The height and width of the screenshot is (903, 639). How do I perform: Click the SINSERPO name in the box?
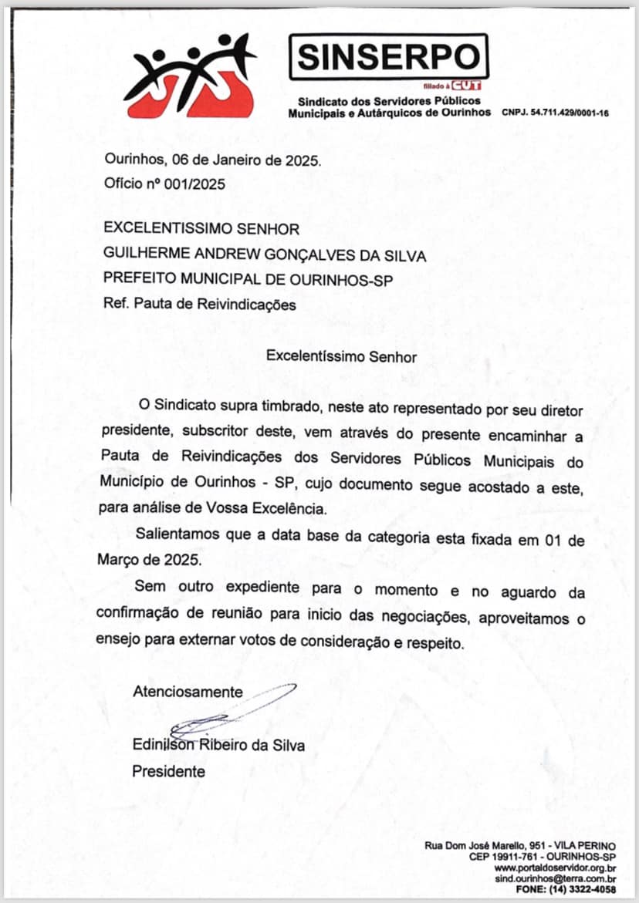(x=388, y=56)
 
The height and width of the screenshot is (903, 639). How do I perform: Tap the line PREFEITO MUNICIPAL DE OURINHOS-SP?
(x=248, y=280)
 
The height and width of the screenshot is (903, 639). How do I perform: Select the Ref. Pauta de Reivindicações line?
(x=200, y=305)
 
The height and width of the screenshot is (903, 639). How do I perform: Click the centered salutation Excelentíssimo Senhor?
(x=341, y=357)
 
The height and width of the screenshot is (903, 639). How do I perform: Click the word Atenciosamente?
(x=188, y=692)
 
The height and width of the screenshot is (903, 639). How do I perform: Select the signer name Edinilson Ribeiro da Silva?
(x=218, y=745)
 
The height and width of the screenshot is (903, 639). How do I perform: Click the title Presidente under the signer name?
(x=169, y=771)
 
